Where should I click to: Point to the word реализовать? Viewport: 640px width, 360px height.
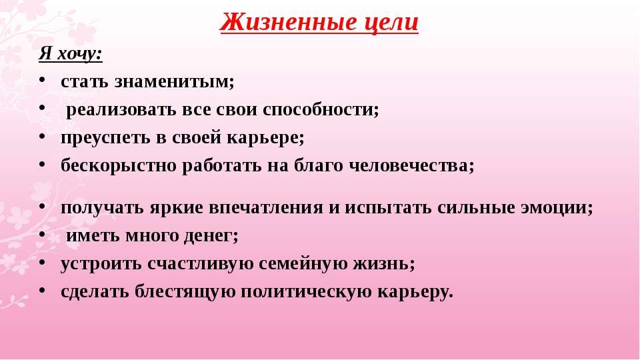click(121, 110)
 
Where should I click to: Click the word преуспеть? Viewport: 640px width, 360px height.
click(106, 138)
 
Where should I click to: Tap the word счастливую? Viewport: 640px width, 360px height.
click(201, 264)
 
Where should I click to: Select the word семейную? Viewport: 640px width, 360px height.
click(303, 264)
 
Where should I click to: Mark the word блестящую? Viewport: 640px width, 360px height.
click(185, 292)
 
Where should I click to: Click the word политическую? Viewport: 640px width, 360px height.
click(306, 292)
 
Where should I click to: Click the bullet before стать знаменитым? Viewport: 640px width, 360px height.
click(42, 79)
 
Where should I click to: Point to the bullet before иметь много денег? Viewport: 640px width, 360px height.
click(42, 233)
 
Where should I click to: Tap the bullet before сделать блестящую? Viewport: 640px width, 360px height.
click(42, 289)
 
